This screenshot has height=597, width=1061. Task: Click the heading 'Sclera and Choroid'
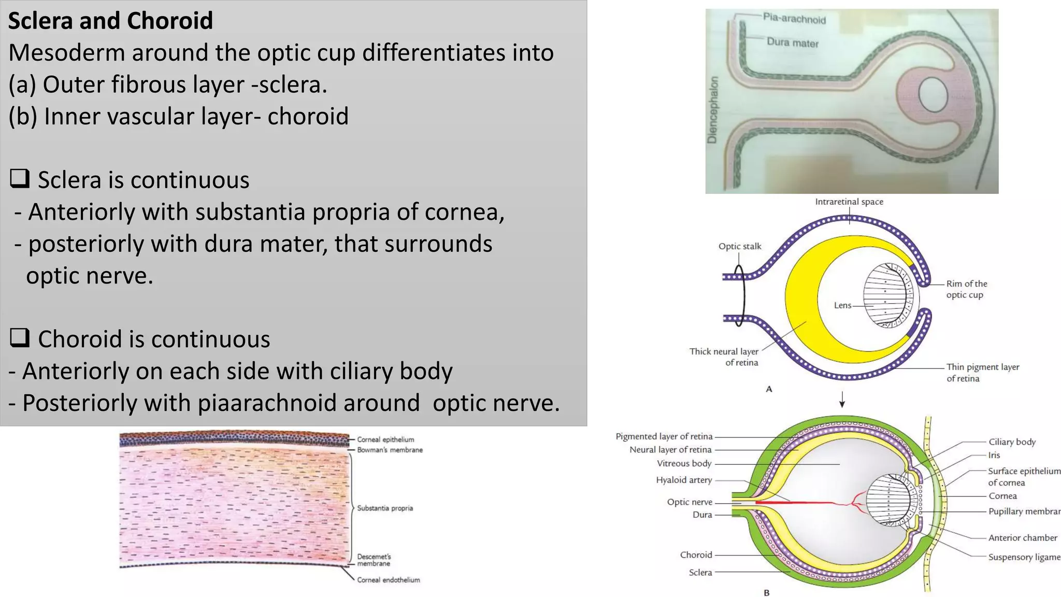pos(110,21)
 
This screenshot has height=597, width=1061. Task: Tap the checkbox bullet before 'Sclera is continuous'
pos(20,179)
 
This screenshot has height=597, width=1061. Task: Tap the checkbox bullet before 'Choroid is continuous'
pos(20,338)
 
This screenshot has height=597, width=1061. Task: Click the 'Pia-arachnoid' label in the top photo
pos(794,19)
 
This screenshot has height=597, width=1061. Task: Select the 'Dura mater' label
pos(792,42)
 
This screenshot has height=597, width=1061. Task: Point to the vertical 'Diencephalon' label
pos(713,110)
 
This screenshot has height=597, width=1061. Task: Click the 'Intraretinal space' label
pos(849,202)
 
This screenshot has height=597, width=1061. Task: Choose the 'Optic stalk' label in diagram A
pos(739,246)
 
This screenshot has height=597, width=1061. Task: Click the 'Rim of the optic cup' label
pos(966,289)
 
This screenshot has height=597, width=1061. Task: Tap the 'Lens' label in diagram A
pos(842,305)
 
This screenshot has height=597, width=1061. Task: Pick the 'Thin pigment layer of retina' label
pos(982,373)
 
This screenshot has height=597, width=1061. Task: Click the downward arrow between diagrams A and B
pos(842,400)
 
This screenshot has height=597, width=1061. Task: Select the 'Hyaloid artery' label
pos(684,480)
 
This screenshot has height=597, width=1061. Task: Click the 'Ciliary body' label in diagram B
pos(1012,442)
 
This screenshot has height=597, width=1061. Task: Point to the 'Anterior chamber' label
pos(1022,537)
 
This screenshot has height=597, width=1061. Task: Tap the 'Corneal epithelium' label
pos(385,439)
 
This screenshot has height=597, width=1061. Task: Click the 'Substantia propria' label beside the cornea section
pos(385,508)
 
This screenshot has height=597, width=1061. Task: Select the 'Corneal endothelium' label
pos(388,580)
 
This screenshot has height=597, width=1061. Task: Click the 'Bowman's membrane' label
pos(390,450)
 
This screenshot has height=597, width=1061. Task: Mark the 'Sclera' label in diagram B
pos(700,572)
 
